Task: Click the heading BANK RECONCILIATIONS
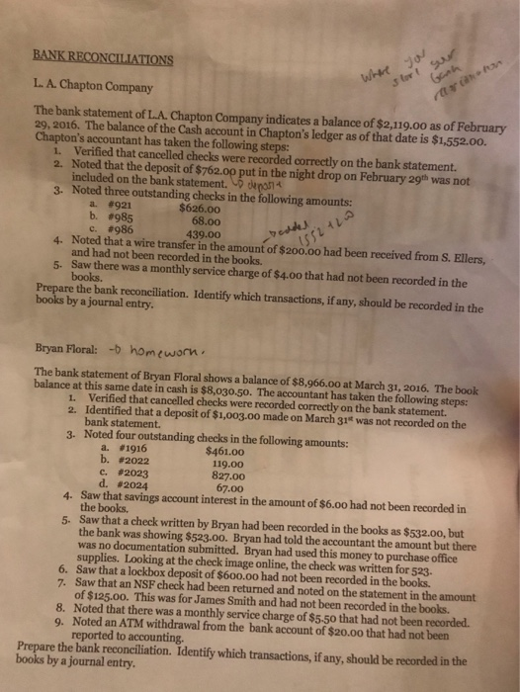pyautogui.click(x=101, y=56)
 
